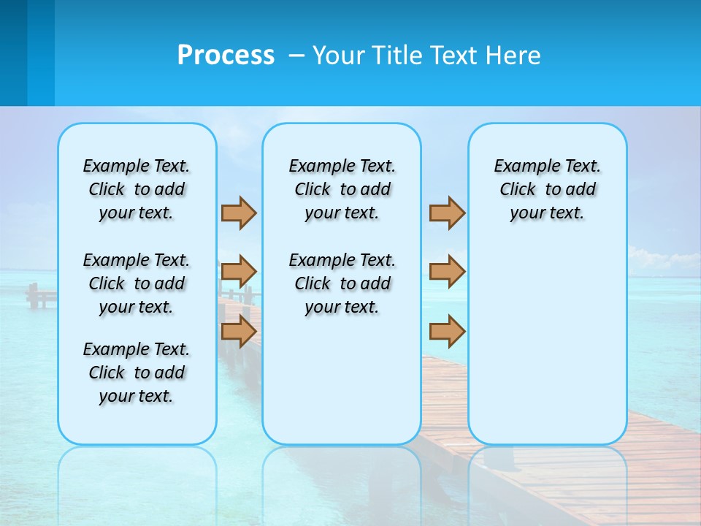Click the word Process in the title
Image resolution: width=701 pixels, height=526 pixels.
click(226, 56)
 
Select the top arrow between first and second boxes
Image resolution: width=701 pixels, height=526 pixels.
click(239, 213)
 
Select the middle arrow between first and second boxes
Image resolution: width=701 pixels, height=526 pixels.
click(239, 272)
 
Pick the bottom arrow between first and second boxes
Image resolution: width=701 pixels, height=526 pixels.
click(239, 331)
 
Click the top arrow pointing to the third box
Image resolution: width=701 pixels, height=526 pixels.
click(447, 213)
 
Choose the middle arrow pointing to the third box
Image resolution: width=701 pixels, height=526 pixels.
click(447, 272)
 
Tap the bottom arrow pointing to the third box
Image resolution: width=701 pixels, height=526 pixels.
click(447, 331)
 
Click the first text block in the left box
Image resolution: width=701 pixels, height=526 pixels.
click(136, 189)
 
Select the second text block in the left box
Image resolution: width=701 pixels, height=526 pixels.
click(136, 283)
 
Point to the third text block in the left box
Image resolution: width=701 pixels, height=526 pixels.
click(136, 373)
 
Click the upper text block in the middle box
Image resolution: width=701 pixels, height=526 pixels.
click(342, 189)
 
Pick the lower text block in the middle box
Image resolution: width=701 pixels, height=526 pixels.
click(342, 283)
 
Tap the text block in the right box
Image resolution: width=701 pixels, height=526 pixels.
click(547, 189)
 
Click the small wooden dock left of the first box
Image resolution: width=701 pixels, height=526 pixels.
click(41, 295)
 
